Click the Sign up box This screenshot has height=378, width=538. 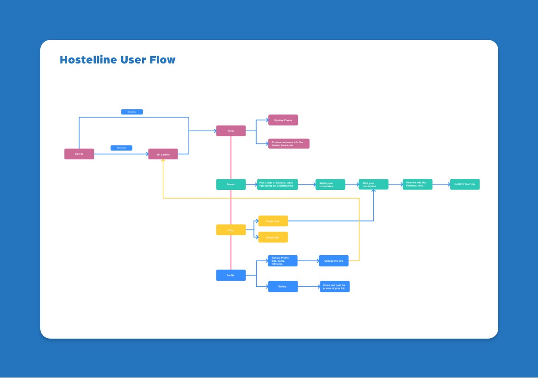79,154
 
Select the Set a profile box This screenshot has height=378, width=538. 163,154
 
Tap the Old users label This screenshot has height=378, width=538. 132,112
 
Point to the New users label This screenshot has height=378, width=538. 121,148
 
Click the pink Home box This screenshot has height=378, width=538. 231,131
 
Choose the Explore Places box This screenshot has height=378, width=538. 283,120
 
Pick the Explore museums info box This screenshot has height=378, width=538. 289,144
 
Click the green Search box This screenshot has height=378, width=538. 231,184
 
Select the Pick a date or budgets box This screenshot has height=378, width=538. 278,184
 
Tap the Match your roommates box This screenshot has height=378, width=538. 330,184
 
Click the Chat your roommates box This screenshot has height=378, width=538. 373,184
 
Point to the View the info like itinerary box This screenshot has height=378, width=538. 417,184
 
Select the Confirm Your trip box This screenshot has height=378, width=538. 464,184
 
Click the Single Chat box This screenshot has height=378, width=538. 273,221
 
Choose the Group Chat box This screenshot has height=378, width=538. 273,237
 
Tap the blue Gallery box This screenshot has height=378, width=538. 283,286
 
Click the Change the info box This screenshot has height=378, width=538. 334,261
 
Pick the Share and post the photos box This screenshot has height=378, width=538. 334,286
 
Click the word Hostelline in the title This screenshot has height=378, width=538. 88,60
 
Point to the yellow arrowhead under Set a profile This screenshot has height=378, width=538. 163,161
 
